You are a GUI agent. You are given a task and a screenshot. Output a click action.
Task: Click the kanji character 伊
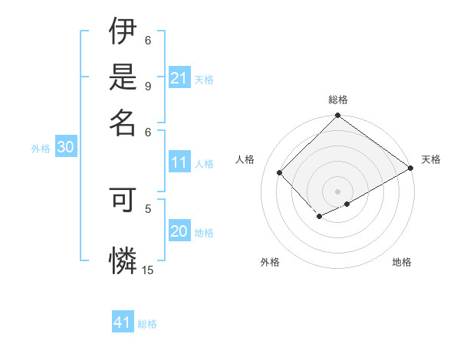pos(123,32)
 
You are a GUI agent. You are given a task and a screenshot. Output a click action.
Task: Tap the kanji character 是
pos(123,77)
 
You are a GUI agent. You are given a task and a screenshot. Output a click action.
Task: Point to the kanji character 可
pos(123,201)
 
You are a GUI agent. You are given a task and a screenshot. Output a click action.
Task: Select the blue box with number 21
pos(179,77)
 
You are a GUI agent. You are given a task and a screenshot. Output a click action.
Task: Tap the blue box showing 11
pos(179,162)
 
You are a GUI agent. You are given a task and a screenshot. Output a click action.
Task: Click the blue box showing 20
pos(179,232)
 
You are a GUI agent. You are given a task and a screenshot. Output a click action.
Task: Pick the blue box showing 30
pos(64,148)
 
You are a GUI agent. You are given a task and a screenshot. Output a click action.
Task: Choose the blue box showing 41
pos(123,322)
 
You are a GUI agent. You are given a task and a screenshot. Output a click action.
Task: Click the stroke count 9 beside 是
pos(148,86)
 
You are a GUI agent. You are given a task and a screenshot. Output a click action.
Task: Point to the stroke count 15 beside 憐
pos(147,270)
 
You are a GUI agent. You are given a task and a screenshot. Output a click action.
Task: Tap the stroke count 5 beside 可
pos(148,207)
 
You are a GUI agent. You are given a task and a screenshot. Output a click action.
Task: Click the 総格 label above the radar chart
pos(337,100)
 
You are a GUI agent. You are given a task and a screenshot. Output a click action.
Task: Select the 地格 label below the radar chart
pos(402,262)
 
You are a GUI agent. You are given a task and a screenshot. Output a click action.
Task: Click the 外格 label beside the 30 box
pos(41,149)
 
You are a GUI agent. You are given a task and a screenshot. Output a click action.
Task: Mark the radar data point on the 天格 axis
pos(411,169)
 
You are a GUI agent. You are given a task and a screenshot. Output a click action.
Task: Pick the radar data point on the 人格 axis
pos(280,172)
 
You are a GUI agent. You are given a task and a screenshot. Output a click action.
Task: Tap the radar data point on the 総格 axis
pos(337,116)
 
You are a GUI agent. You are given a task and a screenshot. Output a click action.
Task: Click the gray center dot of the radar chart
pos(337,191)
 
